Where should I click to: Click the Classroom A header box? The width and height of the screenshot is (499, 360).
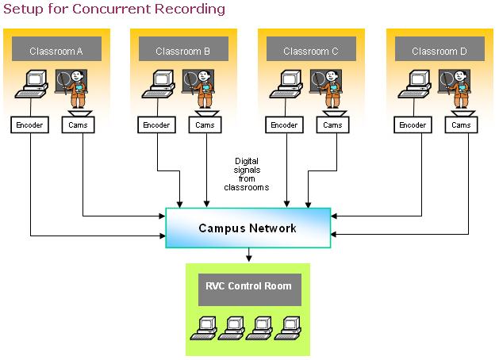click(56, 48)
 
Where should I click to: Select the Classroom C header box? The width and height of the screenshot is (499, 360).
click(311, 48)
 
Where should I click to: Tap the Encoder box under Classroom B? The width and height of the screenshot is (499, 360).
click(156, 125)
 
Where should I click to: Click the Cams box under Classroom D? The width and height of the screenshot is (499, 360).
click(461, 125)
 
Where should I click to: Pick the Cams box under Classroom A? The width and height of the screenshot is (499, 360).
click(78, 125)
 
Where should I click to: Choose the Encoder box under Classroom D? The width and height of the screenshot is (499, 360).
click(413, 125)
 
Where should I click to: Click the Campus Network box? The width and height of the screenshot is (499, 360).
click(248, 228)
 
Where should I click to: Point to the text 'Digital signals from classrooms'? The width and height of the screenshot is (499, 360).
click(247, 174)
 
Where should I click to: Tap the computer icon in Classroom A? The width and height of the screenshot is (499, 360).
click(32, 84)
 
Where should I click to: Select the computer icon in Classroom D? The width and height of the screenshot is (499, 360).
click(415, 84)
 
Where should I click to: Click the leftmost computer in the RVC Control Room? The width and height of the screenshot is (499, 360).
click(204, 328)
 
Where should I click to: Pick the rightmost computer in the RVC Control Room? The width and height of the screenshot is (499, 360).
click(288, 328)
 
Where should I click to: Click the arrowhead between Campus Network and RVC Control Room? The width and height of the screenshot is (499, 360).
click(249, 258)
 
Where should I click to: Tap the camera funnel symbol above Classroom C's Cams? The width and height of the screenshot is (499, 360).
click(335, 113)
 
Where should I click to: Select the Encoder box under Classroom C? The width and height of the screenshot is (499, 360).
click(284, 125)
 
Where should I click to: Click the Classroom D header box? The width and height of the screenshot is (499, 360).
click(440, 48)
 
